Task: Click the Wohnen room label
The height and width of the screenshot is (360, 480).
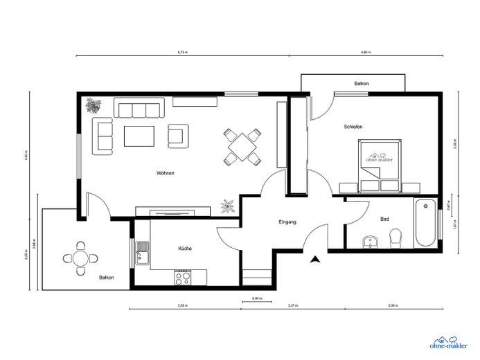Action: click(x=165, y=172)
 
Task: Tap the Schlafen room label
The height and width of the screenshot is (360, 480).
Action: click(x=353, y=127)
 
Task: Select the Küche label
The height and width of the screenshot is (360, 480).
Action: click(x=184, y=248)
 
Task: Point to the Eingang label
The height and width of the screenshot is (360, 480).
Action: click(x=287, y=222)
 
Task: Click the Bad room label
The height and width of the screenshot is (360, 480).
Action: click(x=384, y=219)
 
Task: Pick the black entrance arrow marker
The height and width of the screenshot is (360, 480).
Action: click(x=315, y=260)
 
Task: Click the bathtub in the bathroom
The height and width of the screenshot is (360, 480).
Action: click(x=424, y=223)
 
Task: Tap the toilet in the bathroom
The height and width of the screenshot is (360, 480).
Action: click(x=395, y=239)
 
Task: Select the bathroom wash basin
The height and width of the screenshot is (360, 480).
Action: click(x=371, y=241)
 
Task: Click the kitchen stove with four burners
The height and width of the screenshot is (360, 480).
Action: click(x=184, y=278)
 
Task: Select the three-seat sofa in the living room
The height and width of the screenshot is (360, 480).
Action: click(x=139, y=109)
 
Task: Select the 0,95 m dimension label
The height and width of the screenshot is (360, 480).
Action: click(x=256, y=298)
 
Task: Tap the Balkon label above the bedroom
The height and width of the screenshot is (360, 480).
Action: click(x=361, y=83)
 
